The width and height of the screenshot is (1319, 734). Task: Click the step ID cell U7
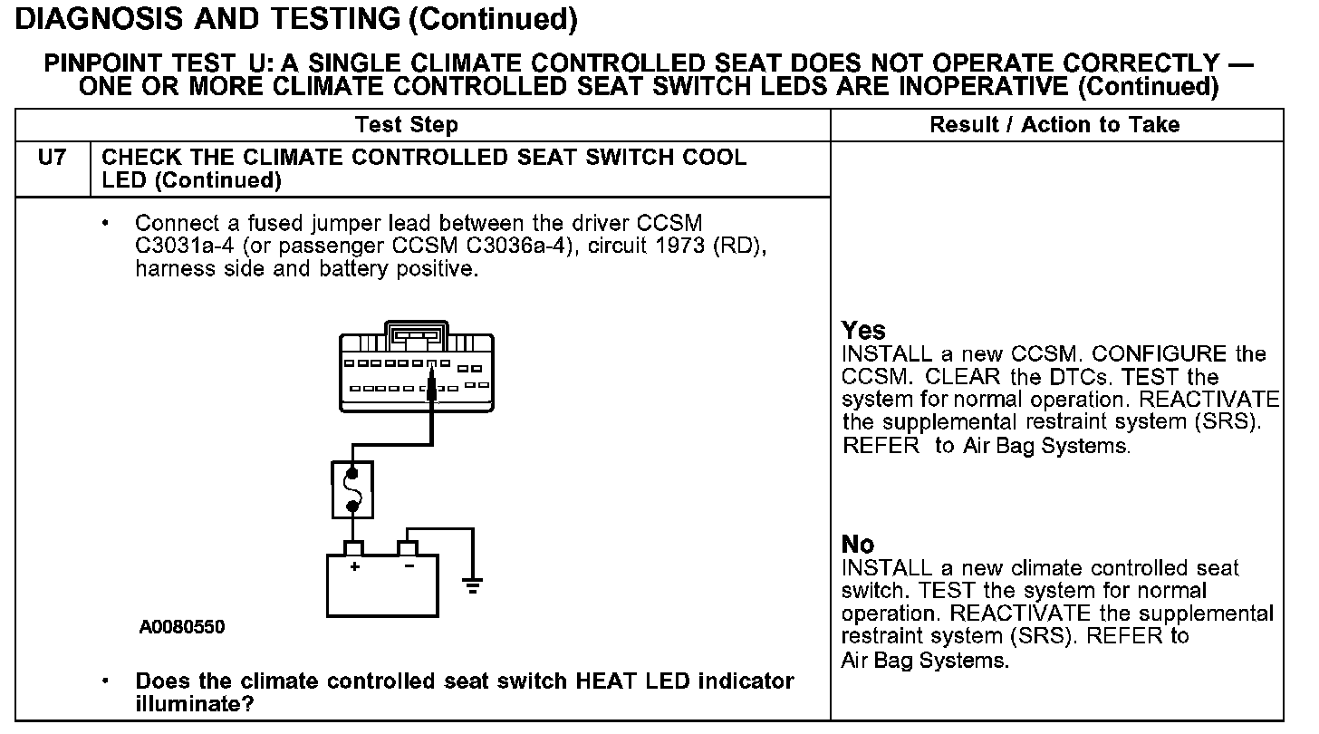point(53,158)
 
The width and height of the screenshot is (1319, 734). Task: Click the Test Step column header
point(406,125)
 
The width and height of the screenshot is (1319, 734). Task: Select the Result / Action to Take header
point(1054,125)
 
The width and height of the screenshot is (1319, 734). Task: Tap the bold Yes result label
point(863,331)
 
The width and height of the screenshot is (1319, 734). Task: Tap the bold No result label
point(858,545)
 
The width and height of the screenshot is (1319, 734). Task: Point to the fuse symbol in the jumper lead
point(352,489)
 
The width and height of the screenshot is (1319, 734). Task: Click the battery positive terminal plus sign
point(354,566)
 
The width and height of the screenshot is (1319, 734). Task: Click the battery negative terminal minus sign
point(409,566)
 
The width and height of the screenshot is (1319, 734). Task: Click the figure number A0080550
point(182,627)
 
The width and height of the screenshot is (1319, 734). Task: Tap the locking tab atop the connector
point(416,333)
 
